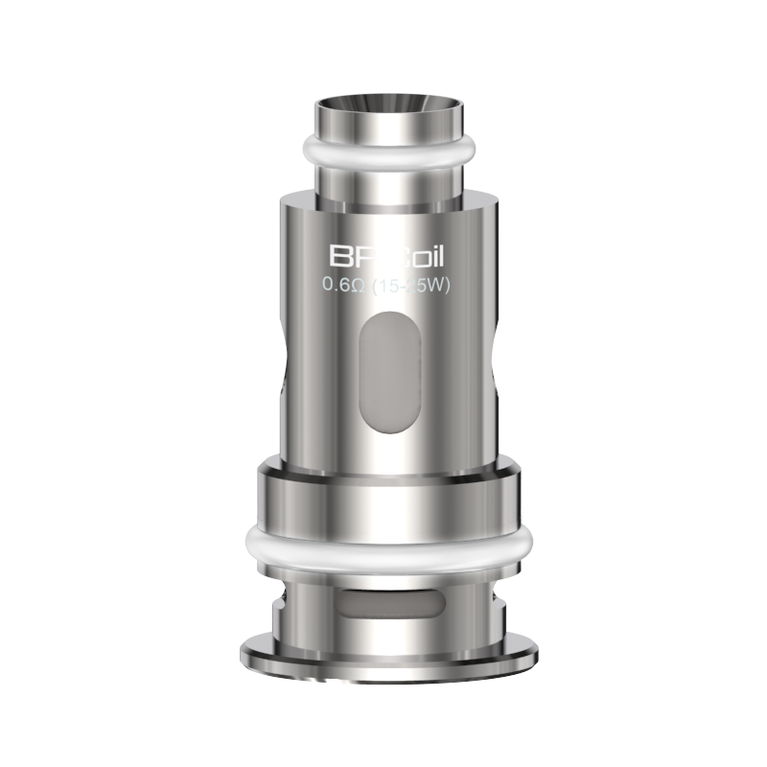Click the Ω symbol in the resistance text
354,283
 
